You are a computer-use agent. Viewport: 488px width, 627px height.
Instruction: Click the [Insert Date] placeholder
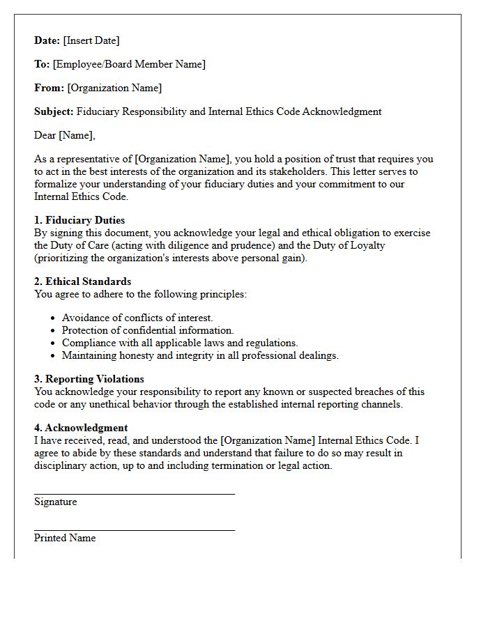tap(91, 40)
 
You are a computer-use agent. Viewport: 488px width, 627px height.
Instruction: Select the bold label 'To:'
tap(42, 64)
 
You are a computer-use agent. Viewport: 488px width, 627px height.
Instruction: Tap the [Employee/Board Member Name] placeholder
tap(129, 64)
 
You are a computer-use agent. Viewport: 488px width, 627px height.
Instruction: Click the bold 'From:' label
tap(49, 88)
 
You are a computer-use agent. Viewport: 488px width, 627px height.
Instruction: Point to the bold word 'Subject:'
tap(54, 111)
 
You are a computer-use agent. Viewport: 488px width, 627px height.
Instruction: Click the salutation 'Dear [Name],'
tap(65, 135)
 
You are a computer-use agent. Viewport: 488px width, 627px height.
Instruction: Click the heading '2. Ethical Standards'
tap(82, 281)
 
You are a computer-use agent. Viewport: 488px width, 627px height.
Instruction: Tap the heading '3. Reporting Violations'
tap(89, 379)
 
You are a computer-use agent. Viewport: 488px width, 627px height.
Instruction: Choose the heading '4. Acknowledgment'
tap(81, 428)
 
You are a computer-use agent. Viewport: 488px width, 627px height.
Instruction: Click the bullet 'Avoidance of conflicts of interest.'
tap(137, 318)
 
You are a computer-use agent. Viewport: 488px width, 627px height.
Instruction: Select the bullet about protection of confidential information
tap(148, 330)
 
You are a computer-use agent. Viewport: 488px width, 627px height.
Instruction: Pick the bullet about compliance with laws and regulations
tap(180, 343)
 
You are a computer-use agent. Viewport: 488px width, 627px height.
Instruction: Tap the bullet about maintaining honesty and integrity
tap(200, 355)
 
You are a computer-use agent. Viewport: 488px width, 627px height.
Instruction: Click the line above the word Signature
tap(134, 494)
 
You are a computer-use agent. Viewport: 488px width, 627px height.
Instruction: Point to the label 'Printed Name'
tap(65, 538)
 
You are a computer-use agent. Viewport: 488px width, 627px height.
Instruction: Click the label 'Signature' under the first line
tap(56, 502)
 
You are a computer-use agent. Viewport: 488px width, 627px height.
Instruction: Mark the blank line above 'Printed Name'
tap(134, 530)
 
